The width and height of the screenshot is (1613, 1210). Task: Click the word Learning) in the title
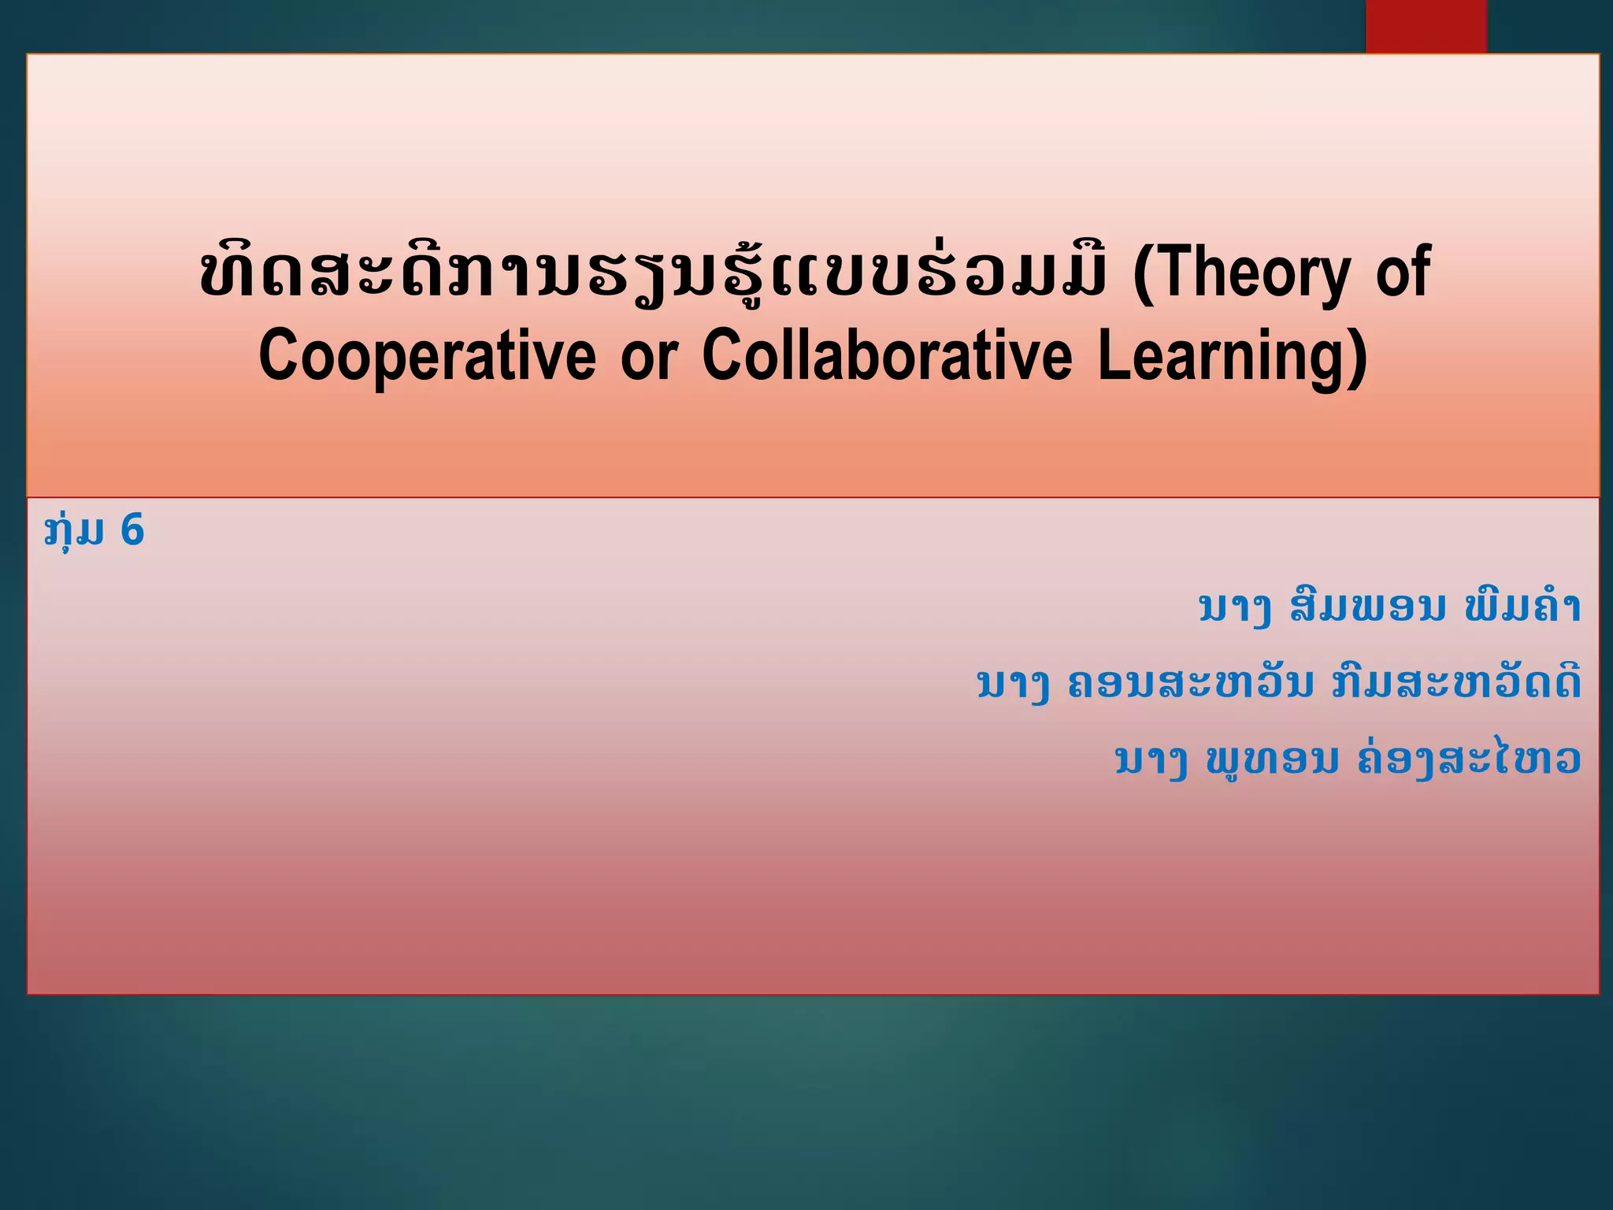pos(1232,356)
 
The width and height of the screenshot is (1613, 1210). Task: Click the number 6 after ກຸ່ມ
pos(132,529)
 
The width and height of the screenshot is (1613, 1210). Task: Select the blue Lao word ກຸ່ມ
pos(74,531)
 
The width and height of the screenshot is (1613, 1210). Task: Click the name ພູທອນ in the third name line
pos(1272,759)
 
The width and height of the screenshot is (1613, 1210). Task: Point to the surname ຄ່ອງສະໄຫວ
pos(1470,759)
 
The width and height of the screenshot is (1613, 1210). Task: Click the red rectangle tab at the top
pos(1426,26)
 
